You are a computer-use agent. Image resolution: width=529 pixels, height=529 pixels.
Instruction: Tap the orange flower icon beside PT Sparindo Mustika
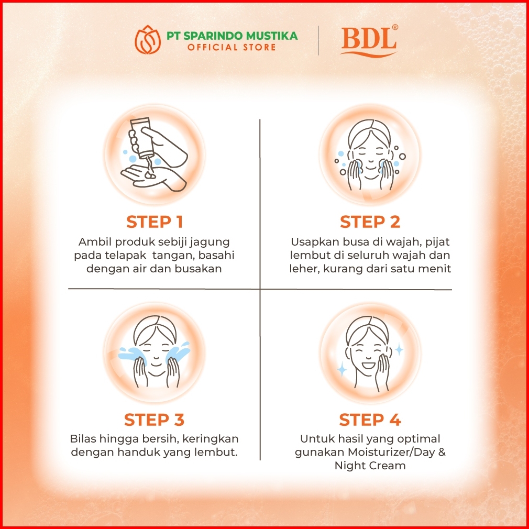(x=147, y=40)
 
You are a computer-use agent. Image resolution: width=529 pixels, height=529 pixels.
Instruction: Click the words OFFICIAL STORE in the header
(x=232, y=47)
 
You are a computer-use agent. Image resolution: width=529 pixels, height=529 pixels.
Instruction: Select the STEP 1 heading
(x=155, y=222)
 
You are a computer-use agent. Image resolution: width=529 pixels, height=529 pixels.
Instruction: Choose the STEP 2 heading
(x=370, y=222)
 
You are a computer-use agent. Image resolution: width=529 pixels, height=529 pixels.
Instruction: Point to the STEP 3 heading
(x=154, y=420)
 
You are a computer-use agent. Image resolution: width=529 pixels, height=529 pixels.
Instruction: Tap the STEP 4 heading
(x=370, y=420)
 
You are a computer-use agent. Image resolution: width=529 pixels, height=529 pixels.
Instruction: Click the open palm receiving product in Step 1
(x=153, y=177)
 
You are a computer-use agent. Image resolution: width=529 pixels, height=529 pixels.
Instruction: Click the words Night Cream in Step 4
(x=370, y=466)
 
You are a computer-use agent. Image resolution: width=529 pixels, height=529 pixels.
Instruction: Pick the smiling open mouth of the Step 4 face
(x=368, y=365)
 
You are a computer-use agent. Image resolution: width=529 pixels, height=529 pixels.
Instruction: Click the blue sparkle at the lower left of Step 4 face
(x=342, y=369)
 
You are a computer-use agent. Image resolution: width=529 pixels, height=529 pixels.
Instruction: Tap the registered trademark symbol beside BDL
(x=395, y=27)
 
